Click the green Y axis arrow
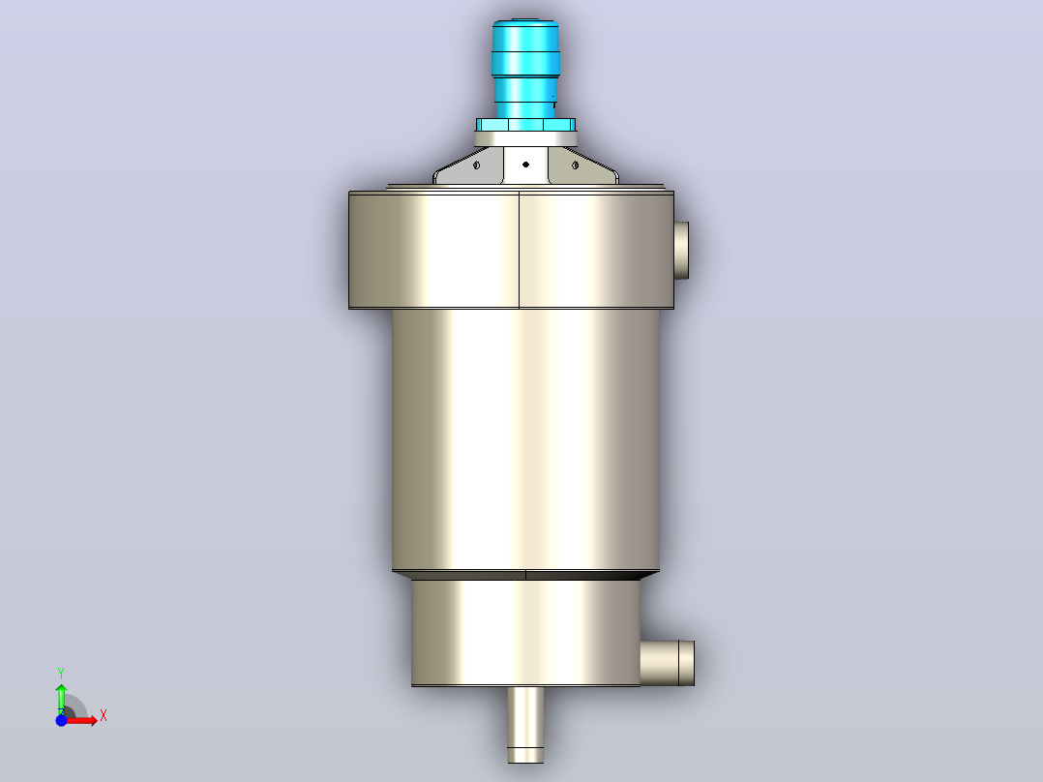point(61,698)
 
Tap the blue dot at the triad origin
point(61,720)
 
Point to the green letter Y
point(61,674)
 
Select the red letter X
point(104,716)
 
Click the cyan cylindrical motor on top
point(525,69)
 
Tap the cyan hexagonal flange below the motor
point(525,125)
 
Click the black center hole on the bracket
point(525,165)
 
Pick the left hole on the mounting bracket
point(476,165)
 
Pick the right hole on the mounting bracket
point(576,165)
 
